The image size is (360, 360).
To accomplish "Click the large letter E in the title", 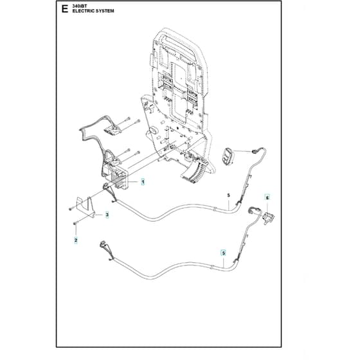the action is tap(65, 9).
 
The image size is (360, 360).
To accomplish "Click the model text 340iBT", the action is tap(80, 6).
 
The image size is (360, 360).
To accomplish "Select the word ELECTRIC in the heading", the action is tap(83, 11).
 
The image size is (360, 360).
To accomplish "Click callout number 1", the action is tap(143, 182).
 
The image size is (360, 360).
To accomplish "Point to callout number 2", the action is tap(76, 240).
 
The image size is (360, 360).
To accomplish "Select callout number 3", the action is tap(107, 215).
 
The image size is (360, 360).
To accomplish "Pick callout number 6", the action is tap(267, 198).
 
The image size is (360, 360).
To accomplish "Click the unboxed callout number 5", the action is tap(228, 195).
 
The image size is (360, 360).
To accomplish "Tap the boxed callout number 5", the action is tap(223, 253).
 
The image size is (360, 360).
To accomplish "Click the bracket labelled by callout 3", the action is tap(85, 207).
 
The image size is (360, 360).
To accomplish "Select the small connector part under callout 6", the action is tap(268, 218).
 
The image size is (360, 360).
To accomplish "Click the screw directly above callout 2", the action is tap(76, 222).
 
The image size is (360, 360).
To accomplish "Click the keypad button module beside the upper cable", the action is tap(228, 156).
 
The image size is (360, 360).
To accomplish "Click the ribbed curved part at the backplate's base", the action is tap(194, 171).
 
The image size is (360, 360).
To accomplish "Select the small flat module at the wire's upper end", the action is tap(113, 130).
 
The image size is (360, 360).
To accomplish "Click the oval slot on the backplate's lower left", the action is tap(152, 131).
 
